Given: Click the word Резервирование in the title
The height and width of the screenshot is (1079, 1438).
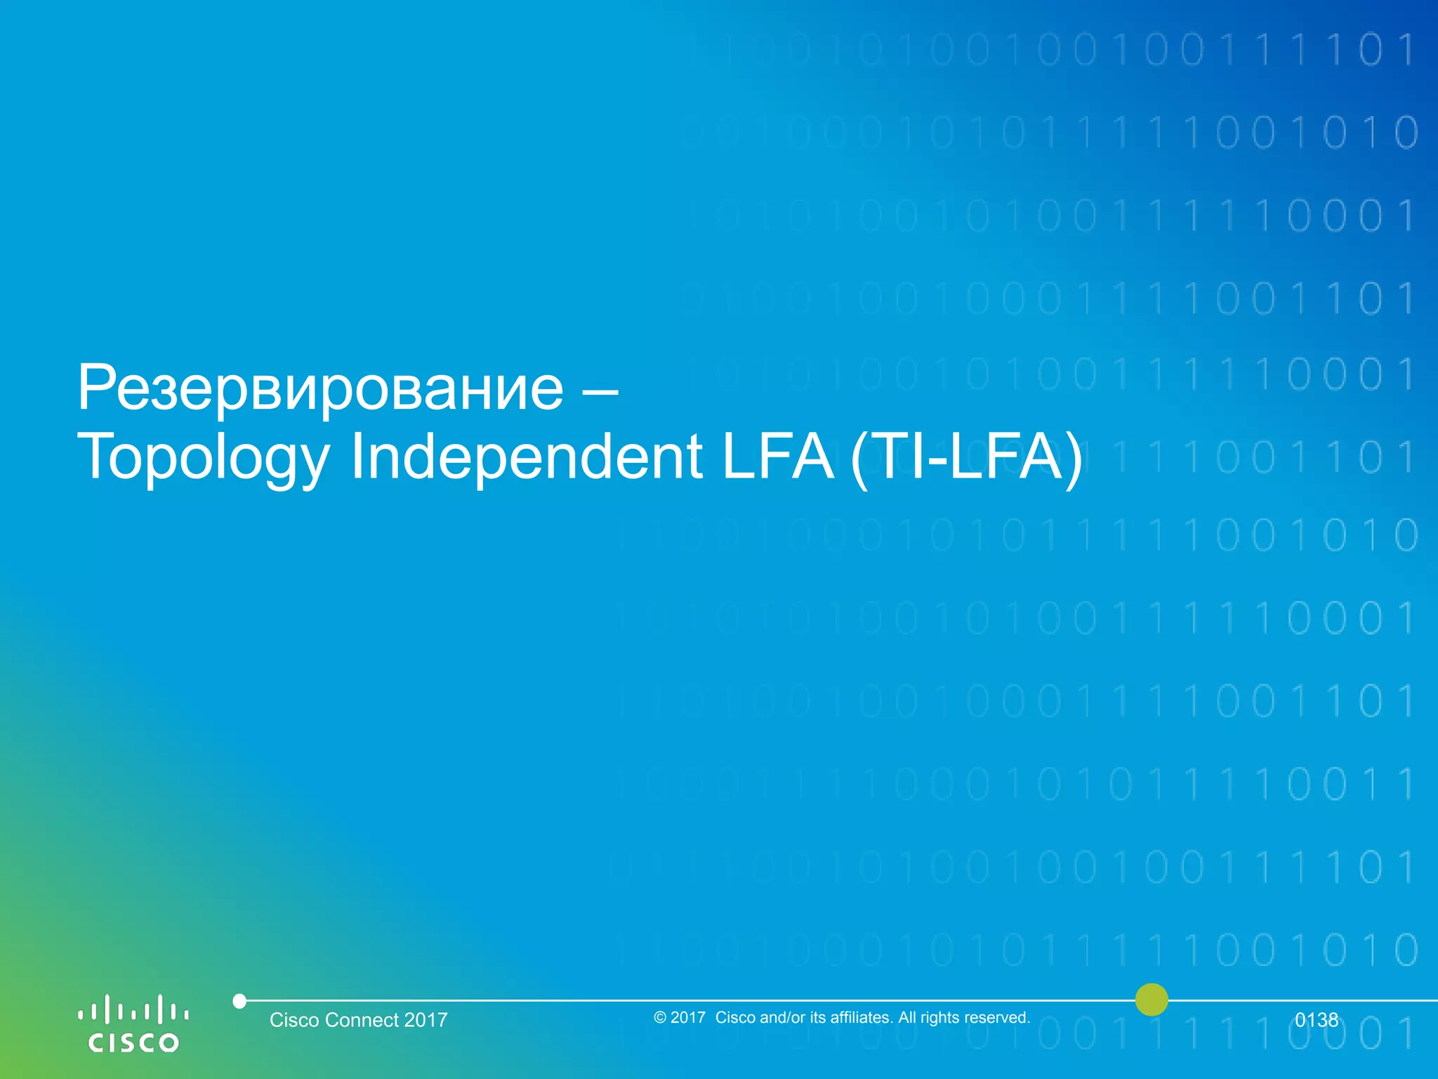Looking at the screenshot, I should pos(320,388).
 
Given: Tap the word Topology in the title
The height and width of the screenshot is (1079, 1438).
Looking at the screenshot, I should pos(203,458).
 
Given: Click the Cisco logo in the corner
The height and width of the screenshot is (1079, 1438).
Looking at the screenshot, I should pos(133,1023).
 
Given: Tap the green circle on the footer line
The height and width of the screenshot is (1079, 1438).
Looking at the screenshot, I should pos(1152,1000).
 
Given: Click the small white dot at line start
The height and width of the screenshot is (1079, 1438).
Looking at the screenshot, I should pos(239,1001).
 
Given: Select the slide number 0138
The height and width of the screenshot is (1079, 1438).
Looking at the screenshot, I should pos(1316,1020).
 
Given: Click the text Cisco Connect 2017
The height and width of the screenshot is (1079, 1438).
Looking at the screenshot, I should pos(358,1020).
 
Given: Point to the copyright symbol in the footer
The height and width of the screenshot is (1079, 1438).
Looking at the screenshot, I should pos(659,1018).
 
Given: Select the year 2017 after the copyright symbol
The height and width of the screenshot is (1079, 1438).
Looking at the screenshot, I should pos(687,1018).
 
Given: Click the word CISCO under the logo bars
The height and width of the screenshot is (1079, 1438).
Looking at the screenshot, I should pos(133,1042).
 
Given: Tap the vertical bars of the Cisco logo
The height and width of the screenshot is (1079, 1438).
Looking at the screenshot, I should pos(133,1010).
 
